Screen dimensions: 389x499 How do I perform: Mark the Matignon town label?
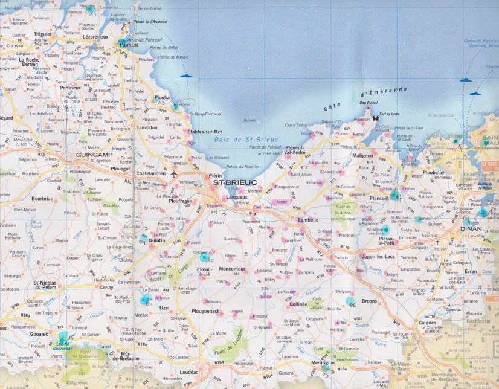[x=362, y=156]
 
